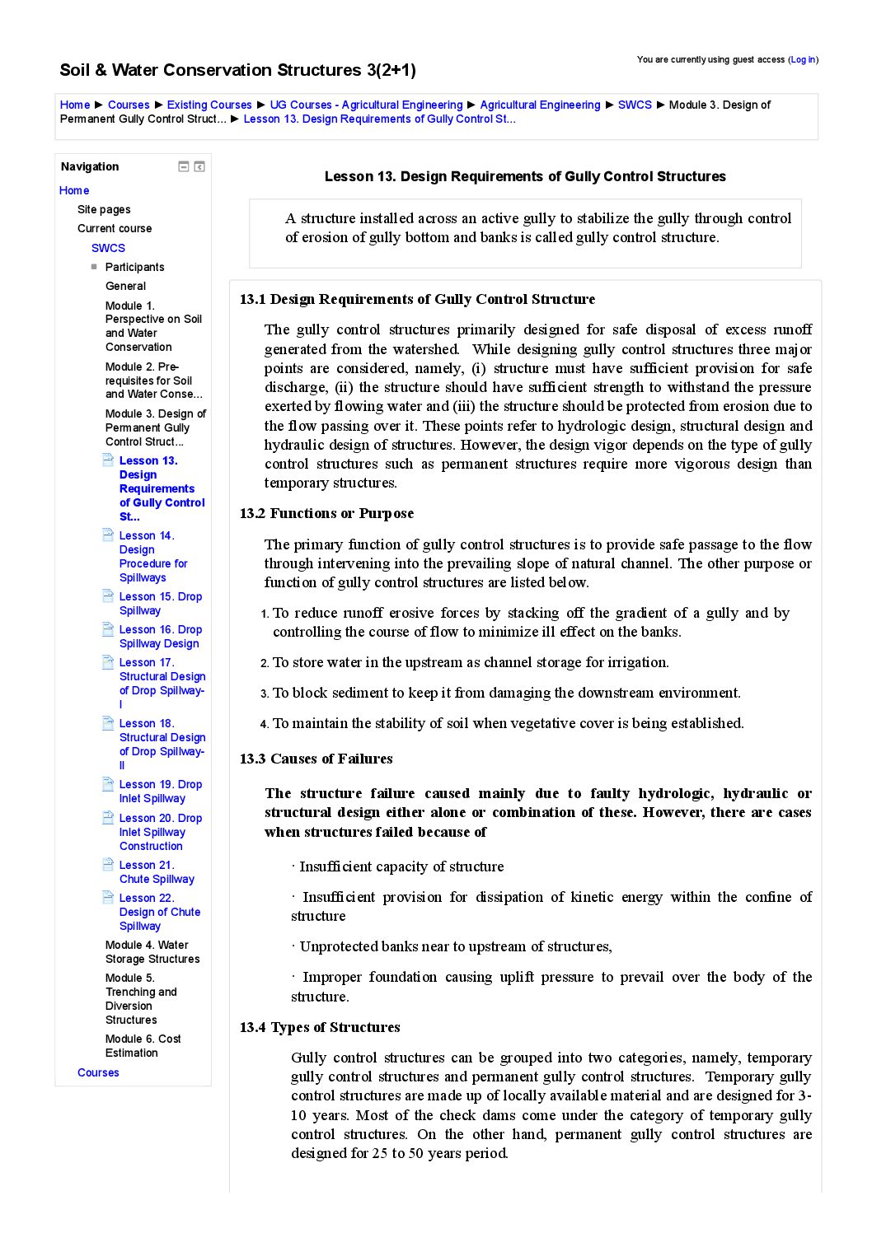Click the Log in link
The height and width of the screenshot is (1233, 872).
click(803, 59)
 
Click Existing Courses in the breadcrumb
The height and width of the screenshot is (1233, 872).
click(209, 105)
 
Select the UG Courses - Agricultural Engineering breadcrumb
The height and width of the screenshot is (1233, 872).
click(366, 105)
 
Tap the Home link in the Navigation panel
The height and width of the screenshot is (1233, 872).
click(74, 190)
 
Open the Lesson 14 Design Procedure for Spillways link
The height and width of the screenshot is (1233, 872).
click(152, 557)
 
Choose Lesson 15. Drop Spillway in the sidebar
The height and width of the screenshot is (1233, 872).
click(160, 604)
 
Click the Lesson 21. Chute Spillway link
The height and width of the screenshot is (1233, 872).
click(157, 872)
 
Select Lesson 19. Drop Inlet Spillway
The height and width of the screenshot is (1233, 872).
click(160, 792)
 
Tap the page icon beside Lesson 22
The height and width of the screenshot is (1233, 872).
click(108, 898)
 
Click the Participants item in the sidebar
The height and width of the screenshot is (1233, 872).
click(134, 267)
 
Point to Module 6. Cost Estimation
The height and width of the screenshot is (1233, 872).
click(143, 1046)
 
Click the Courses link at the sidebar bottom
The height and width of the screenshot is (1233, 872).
click(98, 1072)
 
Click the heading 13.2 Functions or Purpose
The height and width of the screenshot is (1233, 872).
click(326, 513)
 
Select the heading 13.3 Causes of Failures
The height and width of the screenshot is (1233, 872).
click(316, 759)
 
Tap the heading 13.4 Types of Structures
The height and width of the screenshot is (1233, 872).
click(320, 1027)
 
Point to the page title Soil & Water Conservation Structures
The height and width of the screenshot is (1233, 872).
click(237, 70)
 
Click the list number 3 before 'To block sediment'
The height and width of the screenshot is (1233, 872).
click(265, 694)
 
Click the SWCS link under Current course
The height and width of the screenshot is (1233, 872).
click(108, 248)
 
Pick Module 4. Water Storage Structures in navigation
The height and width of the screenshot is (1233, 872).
click(152, 952)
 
